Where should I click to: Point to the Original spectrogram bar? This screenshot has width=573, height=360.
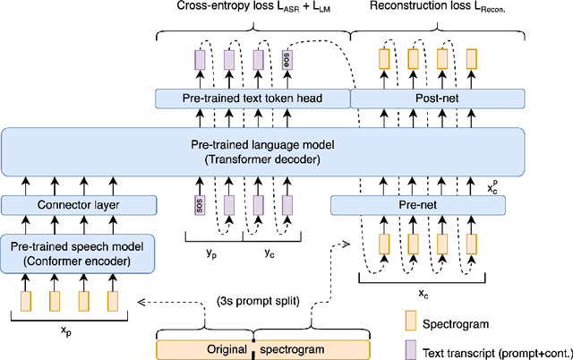click(263, 350)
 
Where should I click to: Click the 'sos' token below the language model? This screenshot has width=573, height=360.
click(199, 205)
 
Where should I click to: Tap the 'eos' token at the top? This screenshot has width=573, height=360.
click(287, 60)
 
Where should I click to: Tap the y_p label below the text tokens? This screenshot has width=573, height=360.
click(212, 252)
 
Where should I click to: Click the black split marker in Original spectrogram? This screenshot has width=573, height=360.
click(253, 350)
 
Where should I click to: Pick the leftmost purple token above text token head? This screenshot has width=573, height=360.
click(199, 60)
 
